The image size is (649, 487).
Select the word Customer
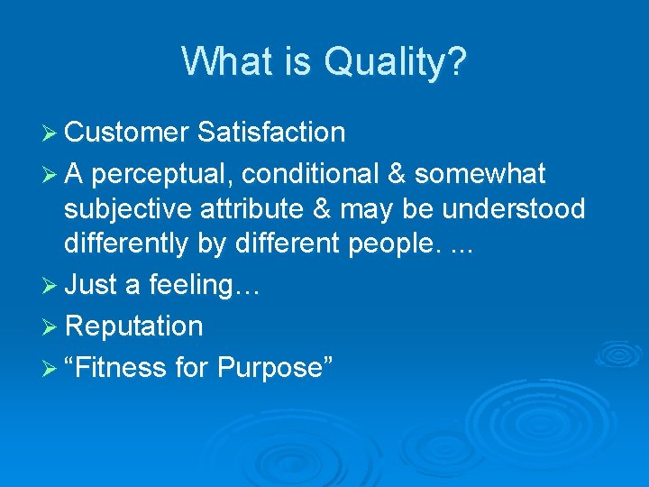[126, 133]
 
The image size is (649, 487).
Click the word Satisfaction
[270, 133]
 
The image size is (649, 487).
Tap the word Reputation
[133, 326]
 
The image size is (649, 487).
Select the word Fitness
[115, 367]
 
